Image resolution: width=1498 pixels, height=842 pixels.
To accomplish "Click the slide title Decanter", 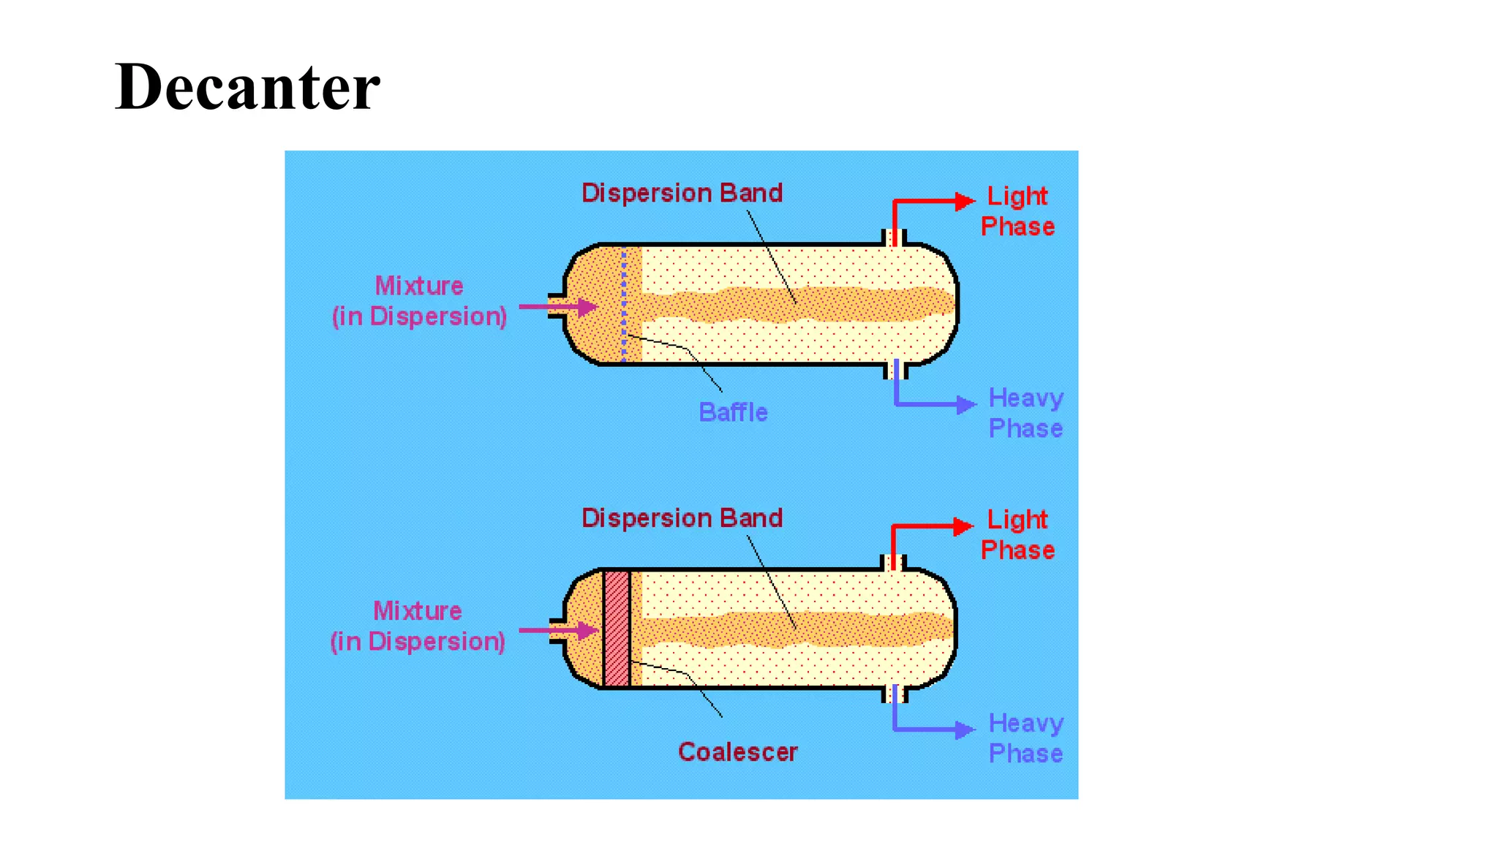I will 247,87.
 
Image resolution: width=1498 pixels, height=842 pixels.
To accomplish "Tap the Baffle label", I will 733,412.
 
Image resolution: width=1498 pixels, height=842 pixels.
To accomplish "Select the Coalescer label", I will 737,752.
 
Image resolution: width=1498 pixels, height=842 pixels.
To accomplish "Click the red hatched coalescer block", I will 617,629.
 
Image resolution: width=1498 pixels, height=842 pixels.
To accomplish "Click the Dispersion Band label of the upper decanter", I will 682,193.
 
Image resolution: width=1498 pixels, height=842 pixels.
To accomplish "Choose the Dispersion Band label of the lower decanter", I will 682,518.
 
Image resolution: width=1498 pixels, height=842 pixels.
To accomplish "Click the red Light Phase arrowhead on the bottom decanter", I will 964,526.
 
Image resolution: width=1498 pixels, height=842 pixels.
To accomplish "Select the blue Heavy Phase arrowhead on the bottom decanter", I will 966,729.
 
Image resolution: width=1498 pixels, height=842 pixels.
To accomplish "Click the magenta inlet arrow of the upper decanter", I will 560,307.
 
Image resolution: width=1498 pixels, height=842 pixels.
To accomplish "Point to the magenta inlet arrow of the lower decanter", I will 560,630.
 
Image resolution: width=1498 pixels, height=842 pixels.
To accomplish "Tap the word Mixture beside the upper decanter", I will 419,286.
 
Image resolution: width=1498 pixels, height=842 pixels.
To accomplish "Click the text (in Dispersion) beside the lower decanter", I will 418,642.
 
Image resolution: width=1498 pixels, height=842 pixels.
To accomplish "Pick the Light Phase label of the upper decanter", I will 1017,211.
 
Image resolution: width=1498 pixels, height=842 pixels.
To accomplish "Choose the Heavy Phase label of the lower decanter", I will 1025,738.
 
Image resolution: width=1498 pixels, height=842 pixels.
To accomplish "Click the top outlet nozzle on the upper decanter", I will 894,238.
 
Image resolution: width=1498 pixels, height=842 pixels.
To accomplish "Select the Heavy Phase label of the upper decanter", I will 1025,413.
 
